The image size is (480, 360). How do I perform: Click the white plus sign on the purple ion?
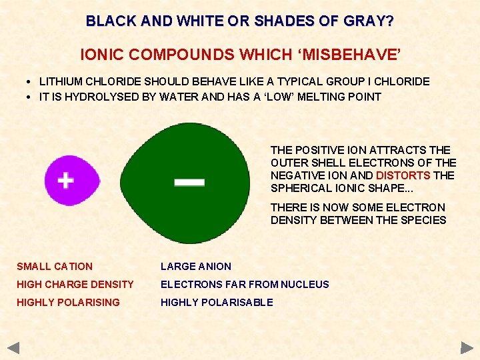coord(65,181)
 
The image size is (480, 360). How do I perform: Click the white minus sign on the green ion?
coord(189,182)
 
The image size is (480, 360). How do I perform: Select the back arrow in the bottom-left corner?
coord(14,347)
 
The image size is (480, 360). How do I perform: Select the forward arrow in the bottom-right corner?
coord(467,347)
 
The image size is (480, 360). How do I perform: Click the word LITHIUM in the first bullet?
coord(61,81)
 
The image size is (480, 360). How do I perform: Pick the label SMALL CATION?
coord(55,266)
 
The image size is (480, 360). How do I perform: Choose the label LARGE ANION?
coord(196,266)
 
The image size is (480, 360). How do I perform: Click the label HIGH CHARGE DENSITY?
coord(75,284)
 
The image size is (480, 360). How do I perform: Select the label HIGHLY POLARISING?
coord(68,302)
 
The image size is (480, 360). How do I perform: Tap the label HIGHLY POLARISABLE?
coord(217,302)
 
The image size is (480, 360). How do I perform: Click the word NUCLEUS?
coord(305,284)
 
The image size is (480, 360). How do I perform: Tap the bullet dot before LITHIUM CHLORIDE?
coord(31,82)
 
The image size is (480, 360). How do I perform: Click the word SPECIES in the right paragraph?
coord(423,220)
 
